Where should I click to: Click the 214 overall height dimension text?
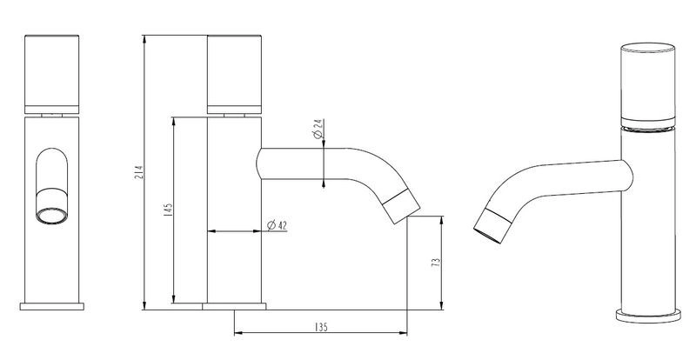[x=138, y=172]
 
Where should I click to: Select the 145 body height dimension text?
[x=168, y=210]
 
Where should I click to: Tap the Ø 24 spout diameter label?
[x=318, y=129]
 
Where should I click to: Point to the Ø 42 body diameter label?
[x=278, y=225]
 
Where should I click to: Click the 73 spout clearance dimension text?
[x=436, y=263]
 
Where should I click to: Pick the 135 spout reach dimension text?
[x=320, y=327]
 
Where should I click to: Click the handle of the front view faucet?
[x=52, y=74]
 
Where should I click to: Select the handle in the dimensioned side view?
[x=234, y=74]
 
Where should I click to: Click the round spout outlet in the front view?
[x=52, y=216]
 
